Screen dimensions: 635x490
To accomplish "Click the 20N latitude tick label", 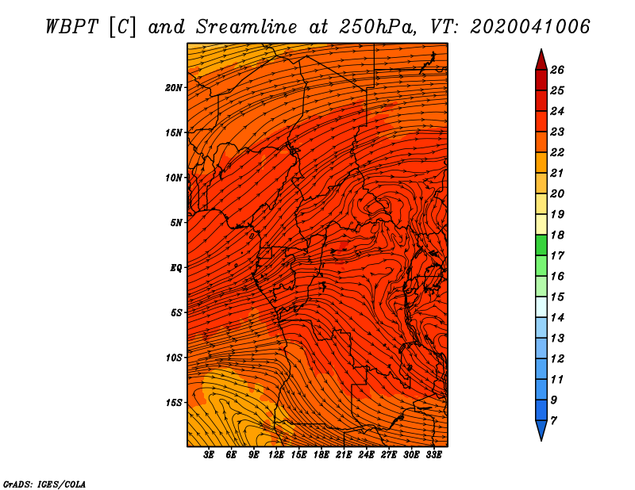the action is click(x=174, y=88).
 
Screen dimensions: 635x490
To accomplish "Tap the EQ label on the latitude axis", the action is click(x=175, y=267).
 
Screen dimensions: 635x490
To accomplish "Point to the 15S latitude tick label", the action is click(x=174, y=403).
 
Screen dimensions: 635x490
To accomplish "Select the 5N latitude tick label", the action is click(x=176, y=223).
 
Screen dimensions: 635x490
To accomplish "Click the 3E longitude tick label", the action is click(x=209, y=454).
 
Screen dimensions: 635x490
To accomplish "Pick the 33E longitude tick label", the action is click(x=433, y=454).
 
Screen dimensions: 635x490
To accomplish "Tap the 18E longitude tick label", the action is click(x=321, y=454).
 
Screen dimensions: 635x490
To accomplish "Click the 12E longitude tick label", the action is click(x=276, y=454).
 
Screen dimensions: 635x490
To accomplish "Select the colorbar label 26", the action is click(x=557, y=70).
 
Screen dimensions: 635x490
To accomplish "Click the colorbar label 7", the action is click(x=553, y=421).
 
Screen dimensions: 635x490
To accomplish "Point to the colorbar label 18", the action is click(x=557, y=235).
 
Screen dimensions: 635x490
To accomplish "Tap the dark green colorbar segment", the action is click(x=541, y=245).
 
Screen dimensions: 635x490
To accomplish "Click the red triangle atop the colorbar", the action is click(x=541, y=61).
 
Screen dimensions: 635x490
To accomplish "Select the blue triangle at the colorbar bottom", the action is click(x=541, y=430).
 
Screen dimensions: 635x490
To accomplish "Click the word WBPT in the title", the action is click(x=71, y=27).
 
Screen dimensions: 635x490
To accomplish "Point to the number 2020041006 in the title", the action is click(x=530, y=27).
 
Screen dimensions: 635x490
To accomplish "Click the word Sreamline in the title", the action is click(x=247, y=27).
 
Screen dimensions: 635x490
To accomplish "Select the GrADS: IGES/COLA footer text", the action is click(x=44, y=484).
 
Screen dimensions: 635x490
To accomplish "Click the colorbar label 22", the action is click(x=557, y=152).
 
